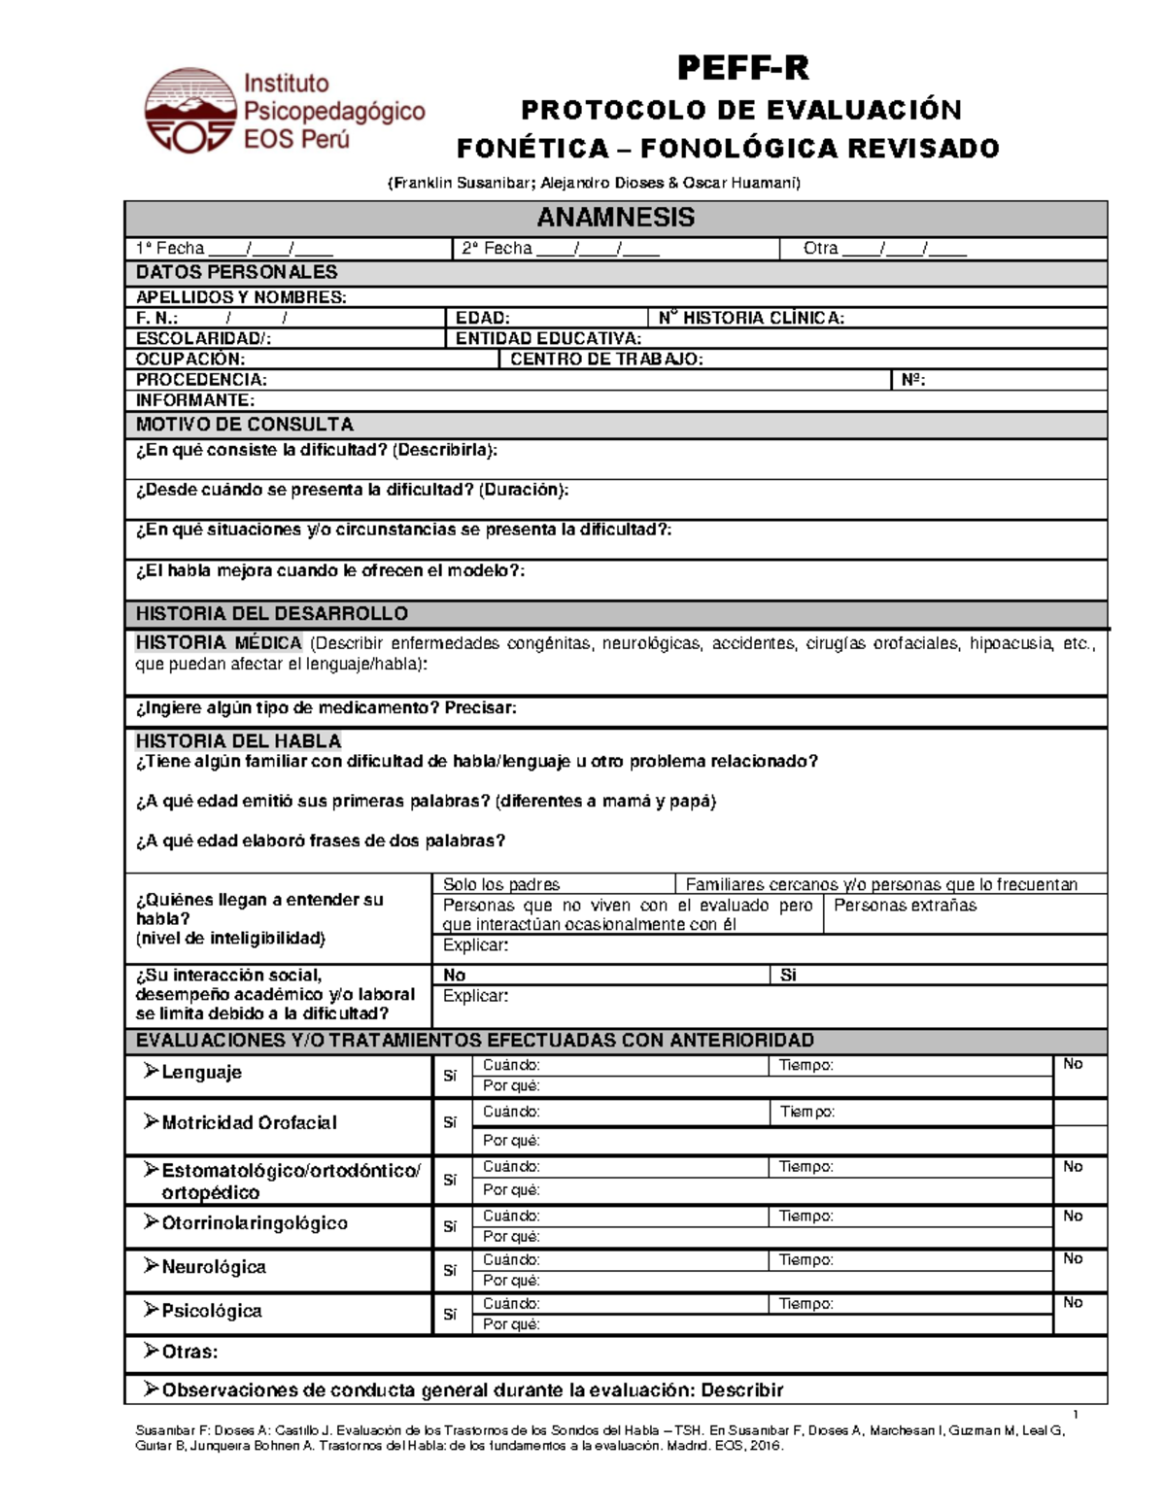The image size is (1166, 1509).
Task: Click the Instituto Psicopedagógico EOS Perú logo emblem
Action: (190, 111)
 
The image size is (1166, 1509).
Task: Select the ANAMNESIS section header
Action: (615, 218)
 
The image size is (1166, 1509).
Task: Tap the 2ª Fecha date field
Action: (561, 249)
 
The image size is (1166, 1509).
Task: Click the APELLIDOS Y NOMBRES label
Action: (240, 297)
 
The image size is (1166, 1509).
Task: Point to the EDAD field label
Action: (482, 318)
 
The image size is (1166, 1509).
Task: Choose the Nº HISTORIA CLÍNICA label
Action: (751, 318)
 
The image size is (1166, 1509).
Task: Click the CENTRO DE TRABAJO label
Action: (606, 360)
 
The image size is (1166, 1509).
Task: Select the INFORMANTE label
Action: (194, 400)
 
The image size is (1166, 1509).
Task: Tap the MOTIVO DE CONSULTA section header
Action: (244, 425)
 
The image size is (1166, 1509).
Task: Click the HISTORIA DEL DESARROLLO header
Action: (271, 614)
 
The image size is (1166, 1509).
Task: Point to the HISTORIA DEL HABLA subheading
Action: (238, 741)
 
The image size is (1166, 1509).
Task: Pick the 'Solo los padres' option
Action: (501, 884)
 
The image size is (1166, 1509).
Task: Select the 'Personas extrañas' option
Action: (905, 906)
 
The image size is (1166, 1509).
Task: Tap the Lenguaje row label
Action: (200, 1073)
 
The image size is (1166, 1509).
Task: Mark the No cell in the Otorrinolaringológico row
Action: (1072, 1217)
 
